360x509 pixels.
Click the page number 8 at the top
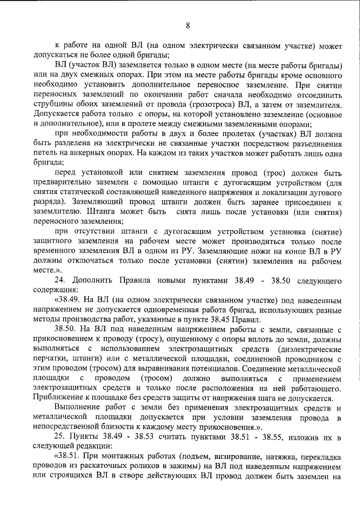click(x=188, y=25)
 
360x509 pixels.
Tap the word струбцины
click(x=55, y=105)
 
